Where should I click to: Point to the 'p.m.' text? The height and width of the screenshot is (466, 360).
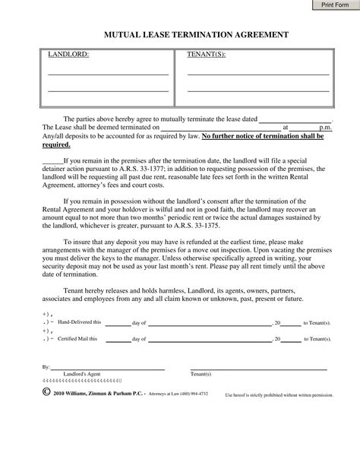click(x=324, y=128)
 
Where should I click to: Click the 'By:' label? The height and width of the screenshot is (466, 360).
click(x=47, y=366)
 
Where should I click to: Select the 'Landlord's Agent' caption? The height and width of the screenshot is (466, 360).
click(x=83, y=375)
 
